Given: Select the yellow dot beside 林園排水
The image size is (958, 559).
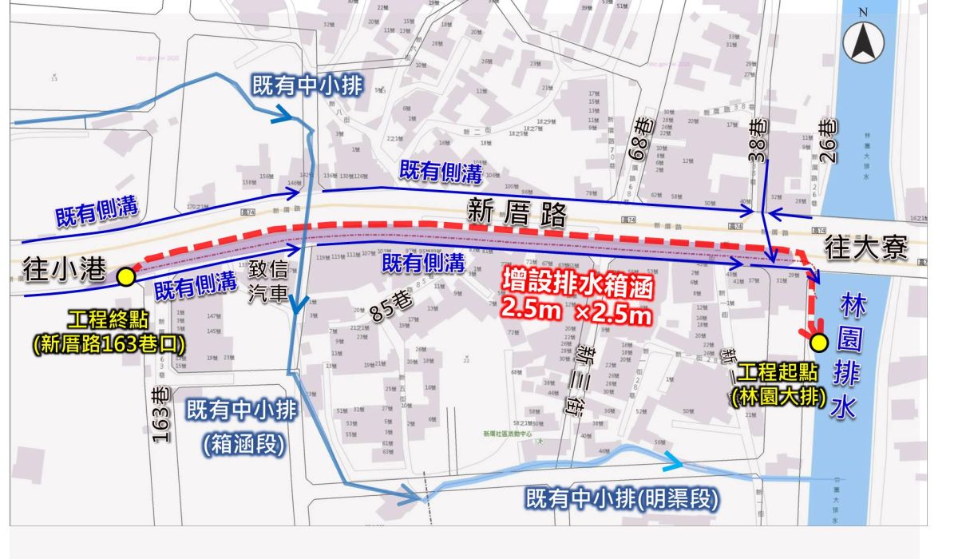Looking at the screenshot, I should (819, 343).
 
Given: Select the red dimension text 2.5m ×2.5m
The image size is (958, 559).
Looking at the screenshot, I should (576, 311).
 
